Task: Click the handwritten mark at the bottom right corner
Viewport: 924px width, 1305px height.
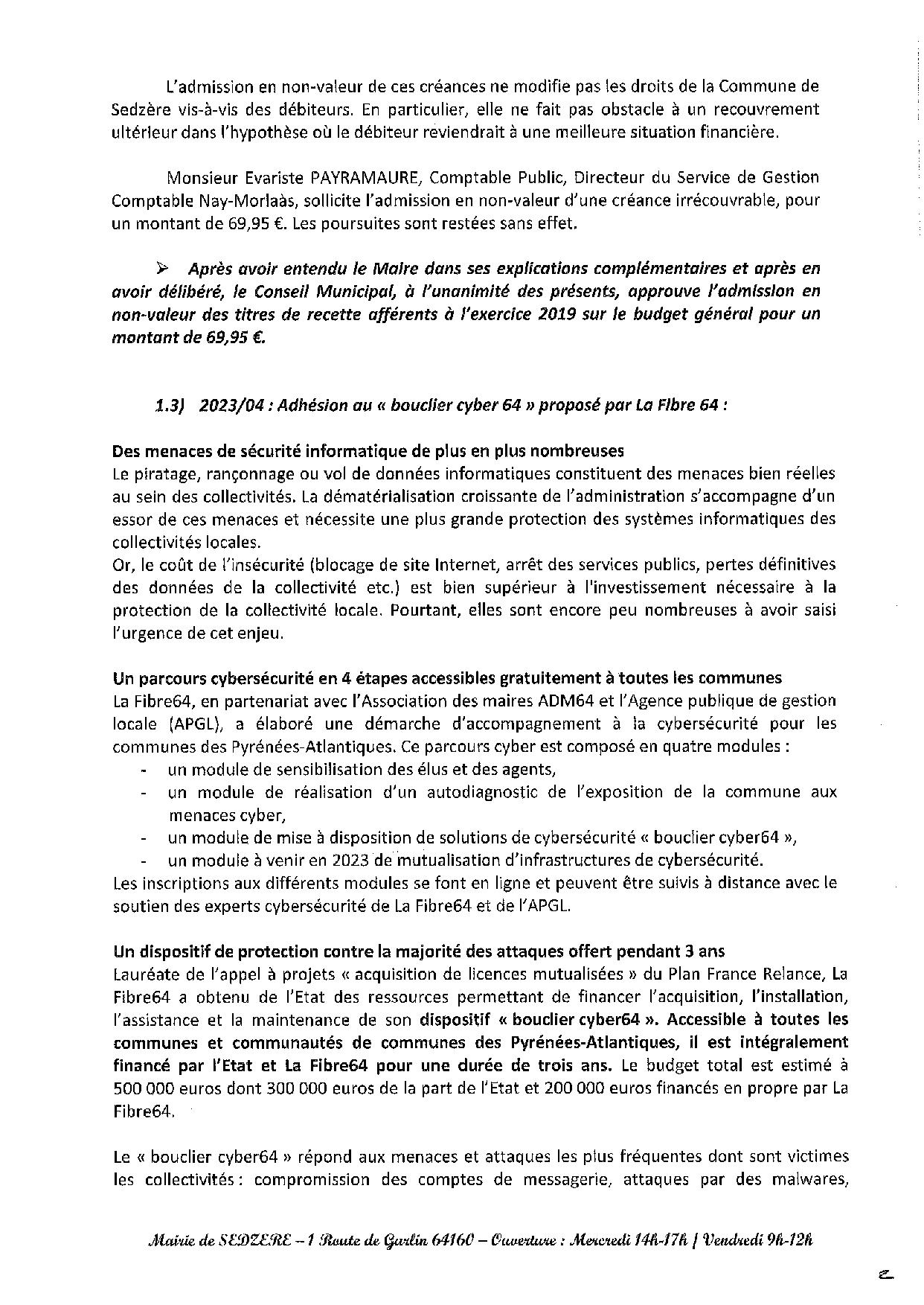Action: tap(885, 1274)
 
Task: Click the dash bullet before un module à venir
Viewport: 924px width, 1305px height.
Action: tap(142, 861)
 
